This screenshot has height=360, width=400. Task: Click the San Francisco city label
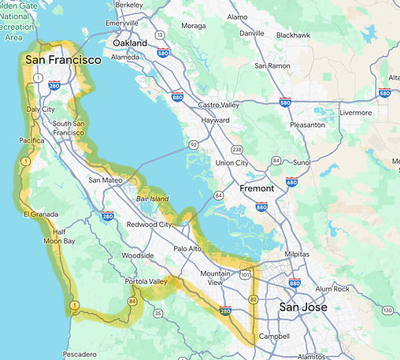click(x=62, y=59)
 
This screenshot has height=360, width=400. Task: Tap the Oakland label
click(x=129, y=43)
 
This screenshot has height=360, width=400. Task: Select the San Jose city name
click(x=302, y=306)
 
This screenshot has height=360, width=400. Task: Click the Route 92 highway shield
click(x=193, y=144)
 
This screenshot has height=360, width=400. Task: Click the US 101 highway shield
click(x=246, y=275)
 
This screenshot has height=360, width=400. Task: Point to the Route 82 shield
click(x=253, y=300)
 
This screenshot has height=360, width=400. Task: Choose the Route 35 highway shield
click(x=157, y=313)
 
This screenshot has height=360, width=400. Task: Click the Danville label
click(x=252, y=33)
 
